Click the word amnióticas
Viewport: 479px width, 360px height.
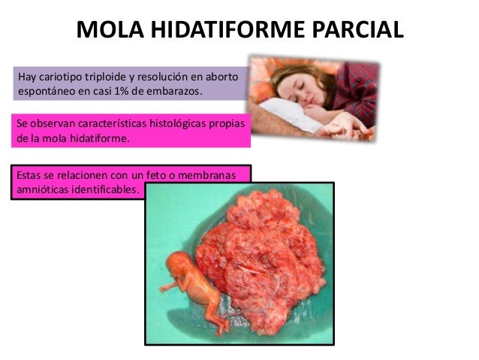(44, 189)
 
